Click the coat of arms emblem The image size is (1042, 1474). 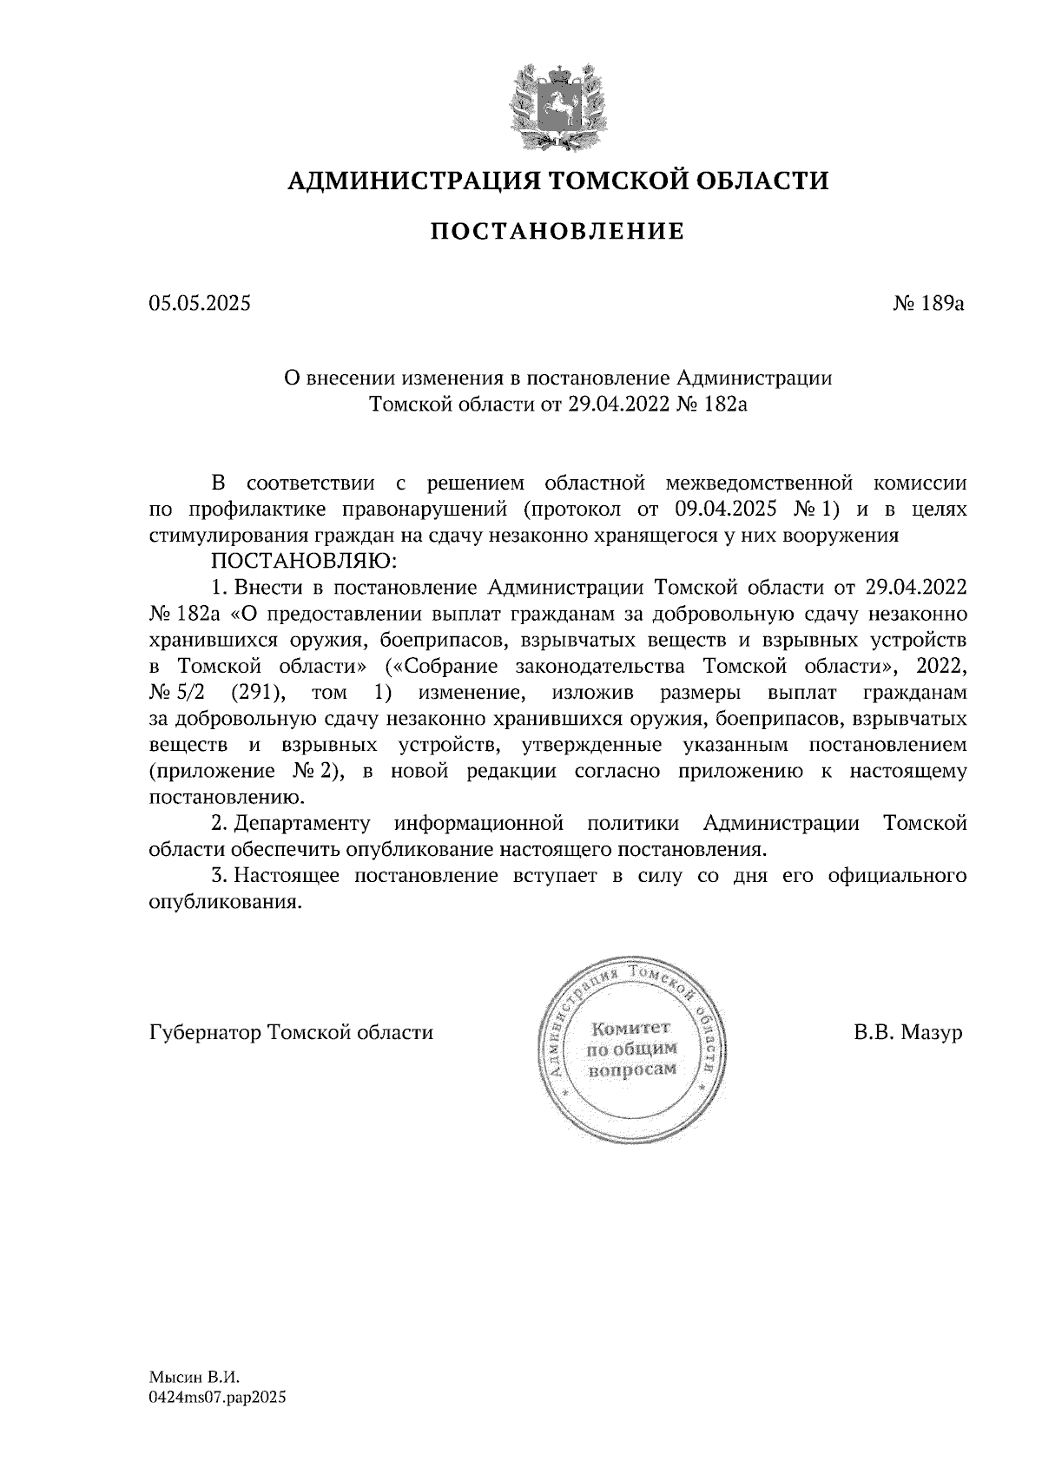click(557, 105)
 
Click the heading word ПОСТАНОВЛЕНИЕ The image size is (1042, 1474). click(557, 232)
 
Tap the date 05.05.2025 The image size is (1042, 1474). click(199, 304)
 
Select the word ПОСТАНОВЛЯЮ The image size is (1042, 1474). click(300, 560)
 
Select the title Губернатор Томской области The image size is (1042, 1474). click(291, 1033)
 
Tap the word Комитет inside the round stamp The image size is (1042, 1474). click(630, 1030)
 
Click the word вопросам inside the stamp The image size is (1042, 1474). click(632, 1071)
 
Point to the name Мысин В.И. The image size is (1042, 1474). click(193, 1377)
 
